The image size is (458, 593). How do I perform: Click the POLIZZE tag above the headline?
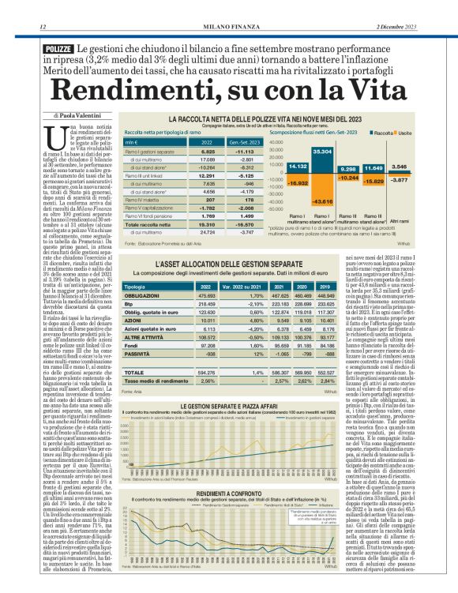[55, 50]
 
